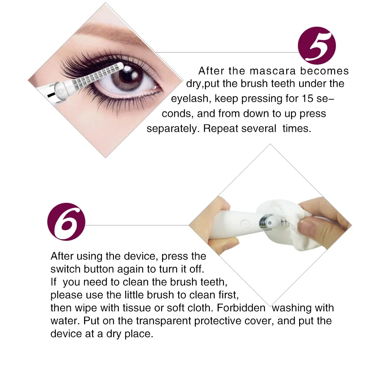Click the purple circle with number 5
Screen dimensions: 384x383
(x=316, y=46)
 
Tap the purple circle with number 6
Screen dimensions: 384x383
(x=66, y=222)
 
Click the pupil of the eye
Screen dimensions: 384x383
(x=128, y=76)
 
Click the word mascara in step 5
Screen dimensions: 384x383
(x=273, y=71)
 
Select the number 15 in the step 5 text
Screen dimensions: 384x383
(x=307, y=99)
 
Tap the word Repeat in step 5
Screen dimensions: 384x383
(x=221, y=128)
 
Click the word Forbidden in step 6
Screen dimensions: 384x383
(x=241, y=307)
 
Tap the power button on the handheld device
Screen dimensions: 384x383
(x=245, y=224)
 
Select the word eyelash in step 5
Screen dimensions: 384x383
(x=190, y=99)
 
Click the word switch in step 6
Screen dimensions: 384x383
(x=65, y=269)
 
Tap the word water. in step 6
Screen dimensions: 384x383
(x=65, y=321)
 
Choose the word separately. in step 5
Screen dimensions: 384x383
(x=173, y=129)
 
